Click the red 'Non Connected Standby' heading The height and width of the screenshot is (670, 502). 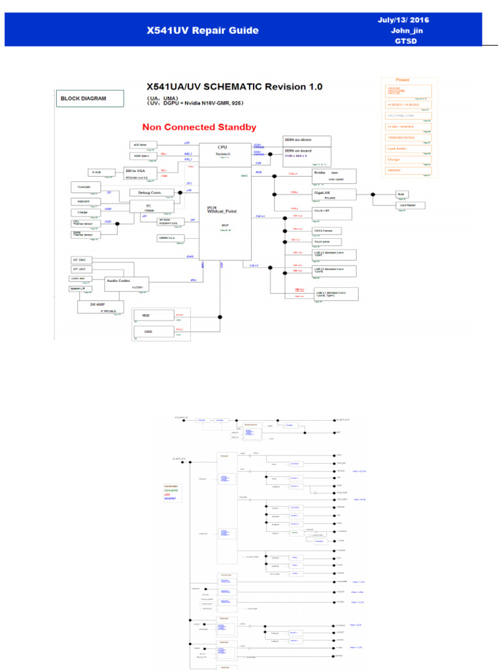[199, 128]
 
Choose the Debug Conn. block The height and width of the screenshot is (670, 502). [152, 192]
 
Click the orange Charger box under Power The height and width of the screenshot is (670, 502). [407, 160]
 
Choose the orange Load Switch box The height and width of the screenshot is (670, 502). [407, 149]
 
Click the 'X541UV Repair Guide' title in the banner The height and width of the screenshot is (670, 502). [203, 31]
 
